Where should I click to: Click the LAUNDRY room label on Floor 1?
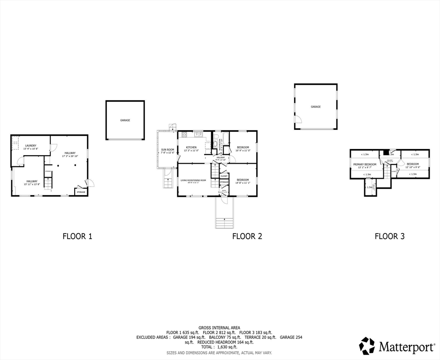(31, 146)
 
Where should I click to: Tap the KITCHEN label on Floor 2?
(191, 148)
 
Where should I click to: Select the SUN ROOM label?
(167, 150)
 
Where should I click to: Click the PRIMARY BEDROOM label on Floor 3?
(364, 165)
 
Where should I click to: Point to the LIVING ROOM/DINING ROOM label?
(193, 180)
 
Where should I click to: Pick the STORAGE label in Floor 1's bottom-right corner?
(81, 192)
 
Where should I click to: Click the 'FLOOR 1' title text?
(77, 236)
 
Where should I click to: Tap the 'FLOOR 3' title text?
(389, 236)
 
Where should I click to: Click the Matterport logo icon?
(367, 346)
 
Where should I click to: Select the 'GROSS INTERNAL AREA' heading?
(219, 327)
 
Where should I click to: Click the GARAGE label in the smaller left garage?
(125, 120)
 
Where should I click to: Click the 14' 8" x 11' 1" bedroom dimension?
(243, 183)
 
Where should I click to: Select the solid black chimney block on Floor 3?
(385, 152)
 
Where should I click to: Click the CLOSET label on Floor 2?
(224, 176)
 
